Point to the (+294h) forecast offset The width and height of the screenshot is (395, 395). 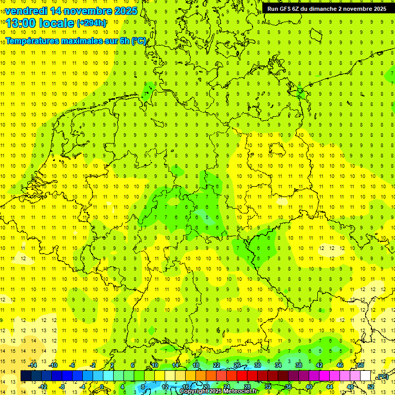click(x=92, y=23)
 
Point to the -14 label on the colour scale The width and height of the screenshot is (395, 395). click(x=33, y=365)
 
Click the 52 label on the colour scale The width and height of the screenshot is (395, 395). click(x=371, y=386)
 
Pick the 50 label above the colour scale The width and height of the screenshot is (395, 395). click(x=361, y=365)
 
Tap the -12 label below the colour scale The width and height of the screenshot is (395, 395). click(x=43, y=386)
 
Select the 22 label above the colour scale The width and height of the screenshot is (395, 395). click(x=217, y=365)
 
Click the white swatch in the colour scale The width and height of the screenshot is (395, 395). click(x=365, y=376)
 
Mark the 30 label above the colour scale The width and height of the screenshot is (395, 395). click(x=258, y=365)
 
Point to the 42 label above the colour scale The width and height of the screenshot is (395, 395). click(x=319, y=365)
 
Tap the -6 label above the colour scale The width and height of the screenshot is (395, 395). click(x=73, y=365)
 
